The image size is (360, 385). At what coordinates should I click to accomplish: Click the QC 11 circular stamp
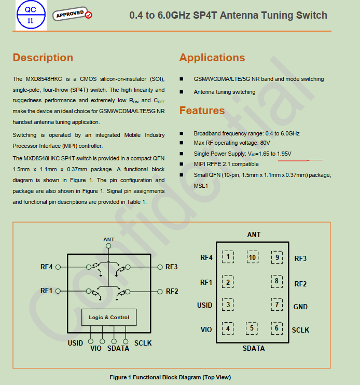click(x=30, y=15)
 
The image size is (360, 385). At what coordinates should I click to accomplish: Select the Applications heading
click(x=212, y=58)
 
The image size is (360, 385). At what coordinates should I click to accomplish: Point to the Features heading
click(x=202, y=111)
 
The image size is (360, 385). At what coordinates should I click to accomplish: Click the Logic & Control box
click(x=109, y=317)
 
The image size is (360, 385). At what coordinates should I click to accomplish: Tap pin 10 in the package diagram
click(x=253, y=257)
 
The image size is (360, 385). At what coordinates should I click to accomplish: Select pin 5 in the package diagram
click(x=252, y=327)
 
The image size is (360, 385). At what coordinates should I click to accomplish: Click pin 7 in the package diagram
click(x=277, y=305)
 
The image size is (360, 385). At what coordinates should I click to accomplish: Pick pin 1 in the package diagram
click(x=228, y=256)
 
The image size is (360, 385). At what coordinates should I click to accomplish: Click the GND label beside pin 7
click(x=300, y=307)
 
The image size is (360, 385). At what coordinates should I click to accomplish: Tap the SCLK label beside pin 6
click(x=300, y=330)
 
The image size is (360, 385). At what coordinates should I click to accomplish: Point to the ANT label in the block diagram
click(x=109, y=240)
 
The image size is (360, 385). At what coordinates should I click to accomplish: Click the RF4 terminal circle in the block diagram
click(x=58, y=267)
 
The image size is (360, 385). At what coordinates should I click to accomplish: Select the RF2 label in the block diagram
click(x=172, y=291)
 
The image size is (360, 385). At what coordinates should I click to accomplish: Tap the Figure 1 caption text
click(x=170, y=377)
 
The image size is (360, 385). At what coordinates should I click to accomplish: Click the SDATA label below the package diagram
click(x=253, y=348)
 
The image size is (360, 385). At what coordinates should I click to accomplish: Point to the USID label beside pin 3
click(x=205, y=305)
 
